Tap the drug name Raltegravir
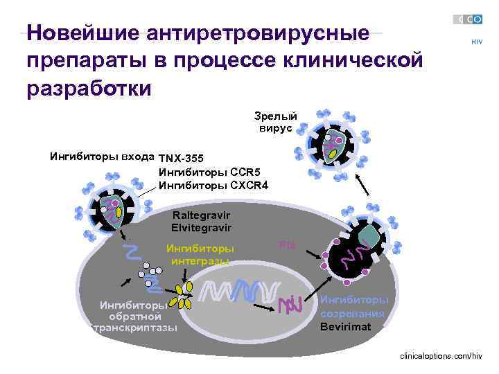pos(201,215)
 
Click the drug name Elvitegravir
pos(201,227)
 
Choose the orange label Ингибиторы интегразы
pos(200,254)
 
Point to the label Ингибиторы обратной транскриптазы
pos(134,316)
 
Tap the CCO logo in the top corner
pos(468,19)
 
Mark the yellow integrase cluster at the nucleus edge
pos(184,296)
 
